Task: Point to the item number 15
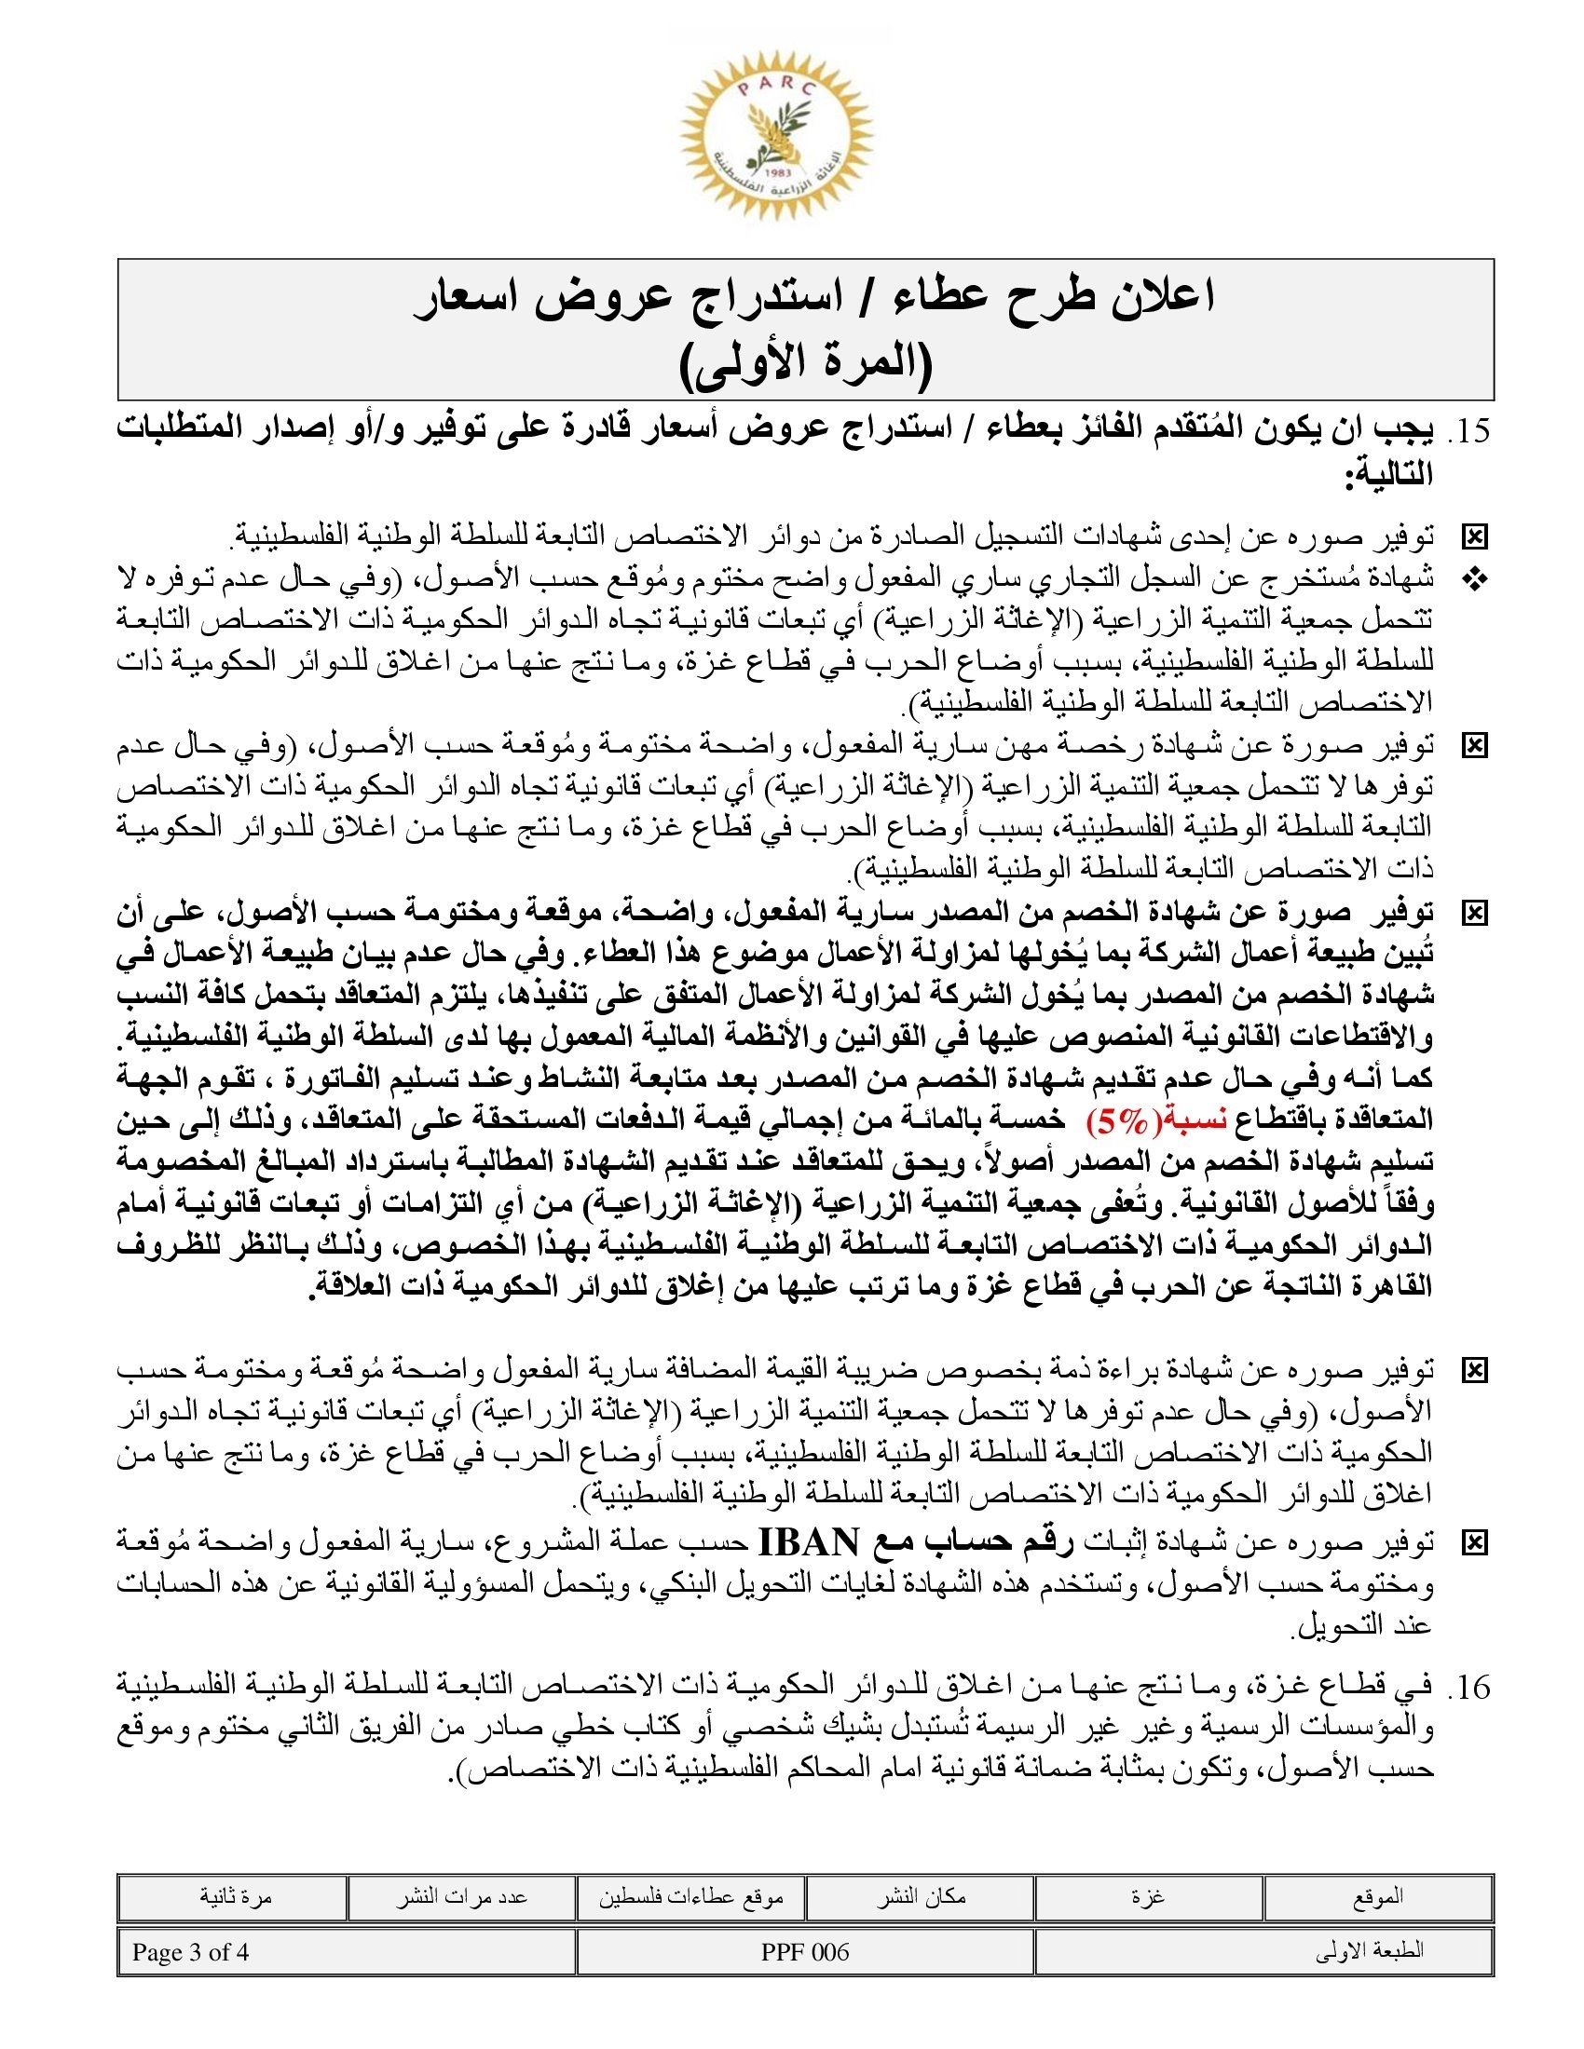point(1470,432)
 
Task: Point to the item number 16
point(1470,1688)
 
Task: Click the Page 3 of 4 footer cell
point(190,1952)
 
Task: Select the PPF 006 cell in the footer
point(805,1952)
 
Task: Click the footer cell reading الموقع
point(1377,1897)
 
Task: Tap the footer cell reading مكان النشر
point(922,1897)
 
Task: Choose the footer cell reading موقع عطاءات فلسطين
point(691,1897)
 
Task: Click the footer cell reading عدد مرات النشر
point(460,1897)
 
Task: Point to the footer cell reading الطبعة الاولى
point(1370,1952)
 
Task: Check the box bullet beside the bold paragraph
point(1475,914)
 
